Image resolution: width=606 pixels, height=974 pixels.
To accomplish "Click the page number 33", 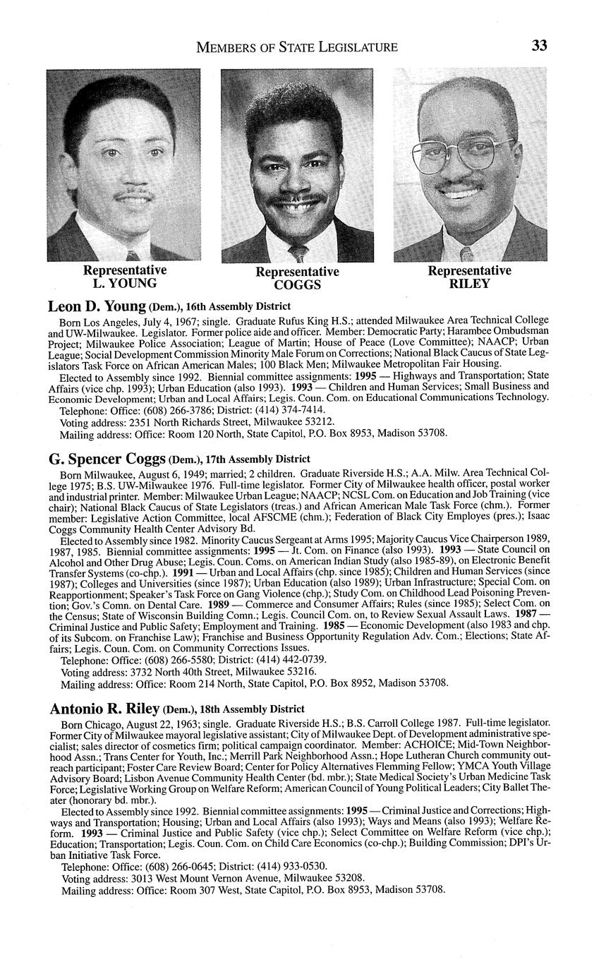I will click(539, 47).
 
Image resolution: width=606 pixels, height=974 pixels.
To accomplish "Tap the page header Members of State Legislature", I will click(296, 47).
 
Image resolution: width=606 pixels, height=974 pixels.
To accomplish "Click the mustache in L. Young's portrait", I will click(134, 193).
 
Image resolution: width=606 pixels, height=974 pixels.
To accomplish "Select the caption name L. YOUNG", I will click(125, 284).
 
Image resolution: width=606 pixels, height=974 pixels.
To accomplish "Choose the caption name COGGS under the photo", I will click(297, 285).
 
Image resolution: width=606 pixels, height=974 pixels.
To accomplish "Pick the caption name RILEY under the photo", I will click(469, 284).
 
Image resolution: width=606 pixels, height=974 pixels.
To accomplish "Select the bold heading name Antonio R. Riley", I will click(104, 709).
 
